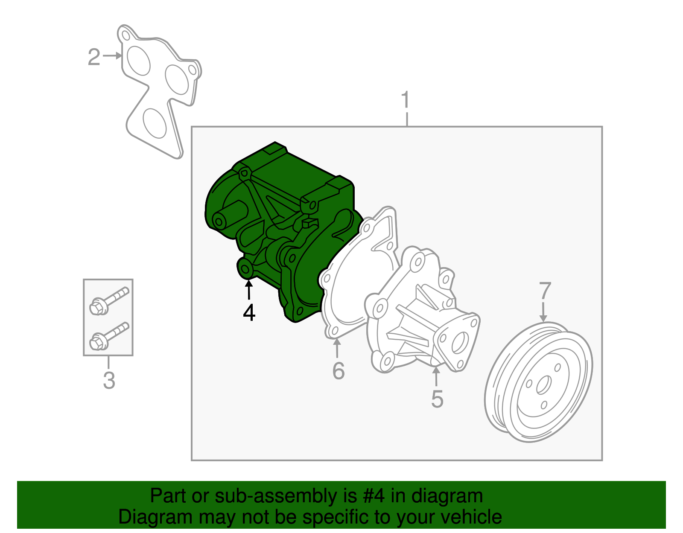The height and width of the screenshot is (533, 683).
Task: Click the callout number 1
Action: pos(406,101)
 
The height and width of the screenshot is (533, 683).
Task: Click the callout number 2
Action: pos(94,57)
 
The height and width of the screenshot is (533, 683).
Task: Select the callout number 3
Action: pos(109,380)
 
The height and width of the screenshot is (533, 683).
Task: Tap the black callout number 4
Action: pos(249,313)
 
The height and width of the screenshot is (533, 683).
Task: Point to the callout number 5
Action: pos(437,399)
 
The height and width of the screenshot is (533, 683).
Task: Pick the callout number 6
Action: pos(338,370)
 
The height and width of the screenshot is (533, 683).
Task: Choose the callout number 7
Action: pos(545,291)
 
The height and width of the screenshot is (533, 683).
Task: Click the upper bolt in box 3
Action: pos(109,300)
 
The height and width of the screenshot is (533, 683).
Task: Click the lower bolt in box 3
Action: pos(109,336)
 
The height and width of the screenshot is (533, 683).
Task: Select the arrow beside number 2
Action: pos(113,56)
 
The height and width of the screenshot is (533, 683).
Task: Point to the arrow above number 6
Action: pos(337,348)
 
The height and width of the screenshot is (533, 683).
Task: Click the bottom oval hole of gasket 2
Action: pos(155,123)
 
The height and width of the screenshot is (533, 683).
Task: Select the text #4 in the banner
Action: pos(374,496)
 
